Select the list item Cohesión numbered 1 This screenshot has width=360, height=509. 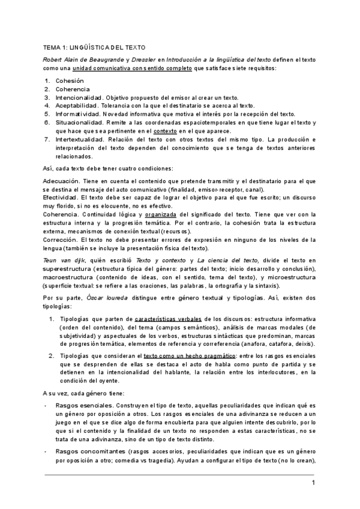(70, 80)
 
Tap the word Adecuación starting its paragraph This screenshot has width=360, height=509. (62, 180)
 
